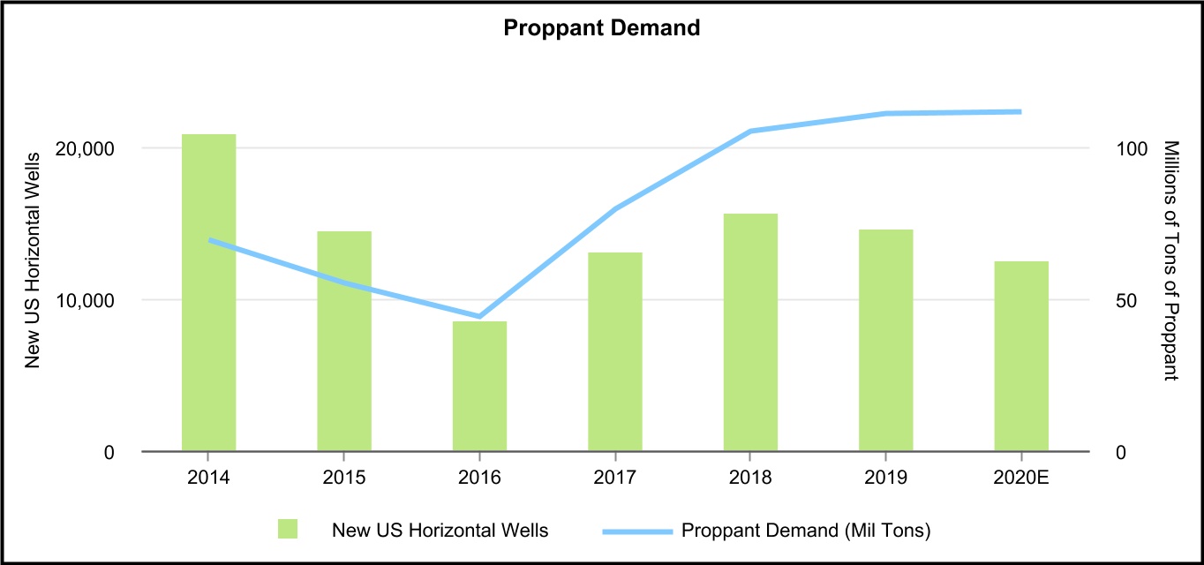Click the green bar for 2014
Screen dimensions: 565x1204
point(208,292)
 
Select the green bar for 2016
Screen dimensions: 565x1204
point(479,386)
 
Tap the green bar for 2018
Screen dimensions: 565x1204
point(750,332)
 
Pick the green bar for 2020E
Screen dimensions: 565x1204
point(1021,356)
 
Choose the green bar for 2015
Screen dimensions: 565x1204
point(344,341)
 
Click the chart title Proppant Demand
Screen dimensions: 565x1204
point(601,28)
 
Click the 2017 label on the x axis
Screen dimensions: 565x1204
point(614,478)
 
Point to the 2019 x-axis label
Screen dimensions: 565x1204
point(885,478)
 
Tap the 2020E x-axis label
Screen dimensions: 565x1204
point(1021,478)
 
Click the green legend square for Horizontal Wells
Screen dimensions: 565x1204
point(288,530)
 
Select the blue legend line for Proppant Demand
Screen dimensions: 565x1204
point(637,531)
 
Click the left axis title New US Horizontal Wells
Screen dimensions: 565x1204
point(34,260)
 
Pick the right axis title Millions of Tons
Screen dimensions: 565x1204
point(1171,260)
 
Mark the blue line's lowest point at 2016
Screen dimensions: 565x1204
point(479,316)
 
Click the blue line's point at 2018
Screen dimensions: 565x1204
point(750,131)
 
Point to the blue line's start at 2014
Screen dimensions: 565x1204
point(209,239)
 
